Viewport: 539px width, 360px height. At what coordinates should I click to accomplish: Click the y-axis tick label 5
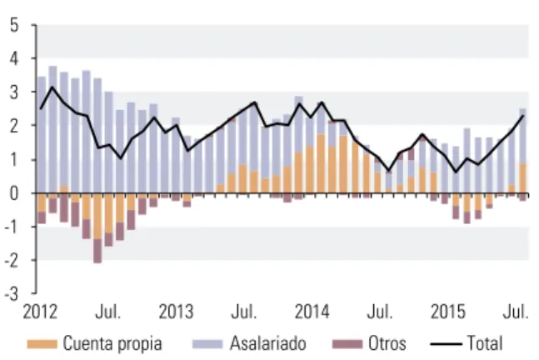pyautogui.click(x=14, y=26)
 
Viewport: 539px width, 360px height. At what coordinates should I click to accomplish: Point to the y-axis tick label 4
pyautogui.click(x=14, y=59)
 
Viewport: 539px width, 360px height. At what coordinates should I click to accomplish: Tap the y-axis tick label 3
pyautogui.click(x=14, y=92)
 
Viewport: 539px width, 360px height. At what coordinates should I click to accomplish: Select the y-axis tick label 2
pyautogui.click(x=14, y=126)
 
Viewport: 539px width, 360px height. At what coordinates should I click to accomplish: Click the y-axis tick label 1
pyautogui.click(x=14, y=160)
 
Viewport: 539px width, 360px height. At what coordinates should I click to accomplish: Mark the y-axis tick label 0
pyautogui.click(x=14, y=193)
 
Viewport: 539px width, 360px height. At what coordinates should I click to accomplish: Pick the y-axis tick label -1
pyautogui.click(x=12, y=227)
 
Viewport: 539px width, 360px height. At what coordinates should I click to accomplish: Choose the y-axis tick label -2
pyautogui.click(x=12, y=261)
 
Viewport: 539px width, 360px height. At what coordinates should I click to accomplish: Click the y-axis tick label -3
pyautogui.click(x=12, y=294)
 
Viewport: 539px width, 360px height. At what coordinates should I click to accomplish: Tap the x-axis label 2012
pyautogui.click(x=40, y=312)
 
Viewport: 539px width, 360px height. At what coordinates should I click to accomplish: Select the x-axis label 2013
pyautogui.click(x=176, y=312)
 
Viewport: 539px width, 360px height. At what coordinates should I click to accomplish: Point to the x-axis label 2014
pyautogui.click(x=312, y=312)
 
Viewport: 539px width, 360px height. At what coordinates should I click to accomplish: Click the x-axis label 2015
pyautogui.click(x=448, y=312)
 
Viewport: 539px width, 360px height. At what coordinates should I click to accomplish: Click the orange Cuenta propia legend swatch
pyautogui.click(x=42, y=344)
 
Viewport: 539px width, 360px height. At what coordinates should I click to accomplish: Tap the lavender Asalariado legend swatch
pyautogui.click(x=207, y=344)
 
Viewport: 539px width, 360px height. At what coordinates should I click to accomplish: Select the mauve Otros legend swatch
pyautogui.click(x=347, y=344)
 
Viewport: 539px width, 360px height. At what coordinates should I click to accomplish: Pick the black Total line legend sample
pyautogui.click(x=446, y=344)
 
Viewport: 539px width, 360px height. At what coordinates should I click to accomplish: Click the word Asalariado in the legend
pyautogui.click(x=268, y=343)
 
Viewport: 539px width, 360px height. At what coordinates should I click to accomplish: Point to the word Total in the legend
pyautogui.click(x=485, y=343)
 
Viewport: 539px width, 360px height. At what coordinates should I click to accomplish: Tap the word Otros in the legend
pyautogui.click(x=387, y=343)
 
